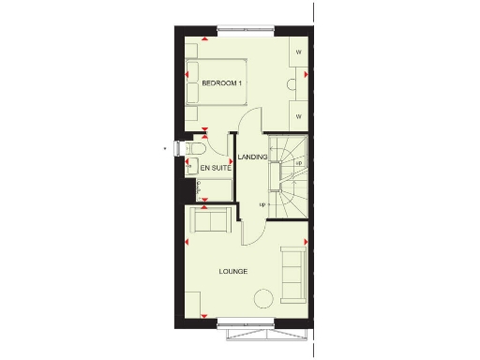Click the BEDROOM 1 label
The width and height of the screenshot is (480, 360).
tap(222, 85)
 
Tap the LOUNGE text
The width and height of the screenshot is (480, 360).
tap(232, 272)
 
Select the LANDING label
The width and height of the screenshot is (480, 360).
tap(251, 157)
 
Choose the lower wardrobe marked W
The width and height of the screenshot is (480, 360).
tap(298, 116)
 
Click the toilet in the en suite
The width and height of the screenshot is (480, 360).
tap(196, 150)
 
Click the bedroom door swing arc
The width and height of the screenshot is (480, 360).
tap(246, 120)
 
